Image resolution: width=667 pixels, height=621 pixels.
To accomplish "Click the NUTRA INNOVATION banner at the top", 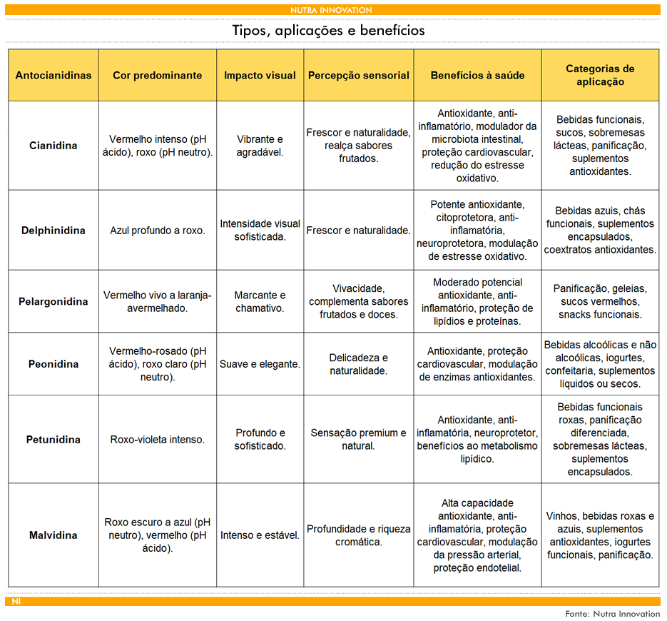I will pyautogui.click(x=331, y=10).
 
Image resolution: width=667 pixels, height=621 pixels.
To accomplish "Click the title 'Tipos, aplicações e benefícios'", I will pyautogui.click(x=329, y=31).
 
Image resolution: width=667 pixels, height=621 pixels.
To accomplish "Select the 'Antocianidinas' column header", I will pyautogui.click(x=54, y=75).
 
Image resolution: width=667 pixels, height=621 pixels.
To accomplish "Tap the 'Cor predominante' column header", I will pyautogui.click(x=157, y=75).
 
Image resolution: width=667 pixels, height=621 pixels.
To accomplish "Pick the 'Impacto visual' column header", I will pyautogui.click(x=260, y=75).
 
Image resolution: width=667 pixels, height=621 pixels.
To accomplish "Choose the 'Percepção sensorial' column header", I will pyautogui.click(x=359, y=75).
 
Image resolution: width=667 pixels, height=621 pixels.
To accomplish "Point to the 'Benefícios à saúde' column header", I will pyautogui.click(x=477, y=75).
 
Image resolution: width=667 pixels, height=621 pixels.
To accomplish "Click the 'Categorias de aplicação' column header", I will pyautogui.click(x=600, y=75).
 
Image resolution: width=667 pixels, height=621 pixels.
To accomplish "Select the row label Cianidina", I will pyautogui.click(x=54, y=146).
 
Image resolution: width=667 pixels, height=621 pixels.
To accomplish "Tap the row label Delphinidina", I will pyautogui.click(x=54, y=231).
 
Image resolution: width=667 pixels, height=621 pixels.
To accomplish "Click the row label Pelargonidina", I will pyautogui.click(x=54, y=301).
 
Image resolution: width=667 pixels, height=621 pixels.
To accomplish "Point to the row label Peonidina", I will pyautogui.click(x=54, y=364).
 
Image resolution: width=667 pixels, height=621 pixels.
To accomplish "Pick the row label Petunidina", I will pyautogui.click(x=54, y=440).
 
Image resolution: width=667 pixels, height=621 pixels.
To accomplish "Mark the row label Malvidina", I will pyautogui.click(x=54, y=535).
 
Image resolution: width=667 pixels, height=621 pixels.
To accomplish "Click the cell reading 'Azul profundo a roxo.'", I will pyautogui.click(x=157, y=231).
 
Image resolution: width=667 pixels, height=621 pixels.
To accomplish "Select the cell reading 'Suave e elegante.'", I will pyautogui.click(x=260, y=364).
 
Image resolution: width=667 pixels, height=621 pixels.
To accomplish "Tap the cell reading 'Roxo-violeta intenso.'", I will pyautogui.click(x=157, y=440).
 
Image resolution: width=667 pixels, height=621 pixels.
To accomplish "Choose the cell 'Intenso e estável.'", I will pyautogui.click(x=260, y=535).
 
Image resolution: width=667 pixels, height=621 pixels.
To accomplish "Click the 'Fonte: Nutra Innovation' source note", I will pyautogui.click(x=612, y=613).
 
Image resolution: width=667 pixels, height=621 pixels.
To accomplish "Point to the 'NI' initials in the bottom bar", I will pyautogui.click(x=16, y=602).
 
